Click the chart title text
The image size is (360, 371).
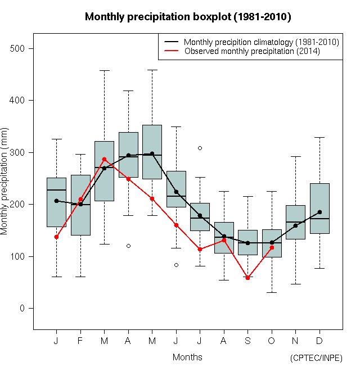[x=188, y=17]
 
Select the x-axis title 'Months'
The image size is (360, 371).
[x=187, y=357]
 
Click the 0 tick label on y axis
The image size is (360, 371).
[x=23, y=308]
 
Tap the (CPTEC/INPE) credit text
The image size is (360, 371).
[x=316, y=358]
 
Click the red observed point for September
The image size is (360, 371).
[x=247, y=278]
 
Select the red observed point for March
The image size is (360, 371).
[x=104, y=159]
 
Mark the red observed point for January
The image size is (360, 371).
[x=56, y=237]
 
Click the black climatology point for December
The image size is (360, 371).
[x=319, y=212]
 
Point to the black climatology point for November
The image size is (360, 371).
[x=295, y=225]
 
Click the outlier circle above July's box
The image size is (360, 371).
[x=200, y=148]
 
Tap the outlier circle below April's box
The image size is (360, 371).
[x=128, y=246]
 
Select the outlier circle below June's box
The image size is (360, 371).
[x=176, y=265]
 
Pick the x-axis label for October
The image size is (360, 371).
[x=272, y=341]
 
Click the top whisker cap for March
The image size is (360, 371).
[x=104, y=71]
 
